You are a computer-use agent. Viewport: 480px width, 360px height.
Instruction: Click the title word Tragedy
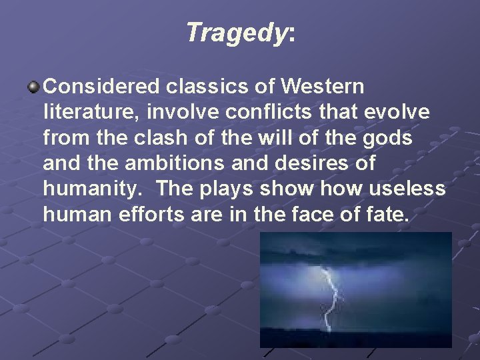click(235, 33)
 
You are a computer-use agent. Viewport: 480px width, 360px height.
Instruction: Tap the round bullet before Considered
click(33, 87)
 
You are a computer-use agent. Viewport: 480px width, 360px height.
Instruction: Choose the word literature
click(83, 113)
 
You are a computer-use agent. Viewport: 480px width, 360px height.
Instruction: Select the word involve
click(164, 113)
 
